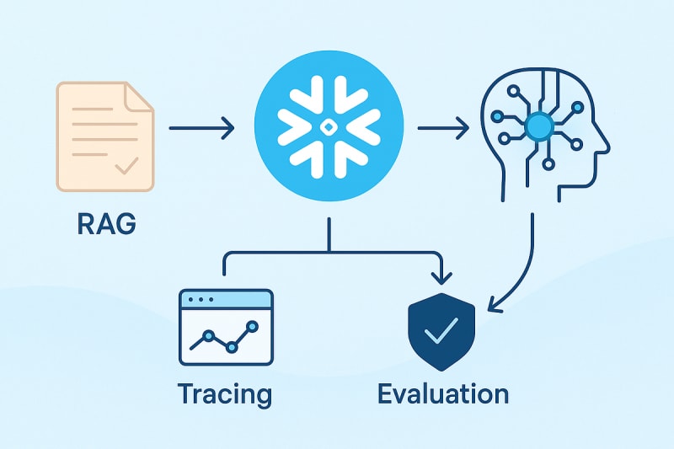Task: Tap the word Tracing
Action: (225, 394)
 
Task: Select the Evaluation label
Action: (443, 393)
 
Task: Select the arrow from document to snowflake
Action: (201, 128)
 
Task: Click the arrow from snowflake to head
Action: (443, 128)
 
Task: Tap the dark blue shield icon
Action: (440, 334)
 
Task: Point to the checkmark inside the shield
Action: (440, 334)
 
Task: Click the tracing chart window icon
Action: (227, 327)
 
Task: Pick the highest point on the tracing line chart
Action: (250, 324)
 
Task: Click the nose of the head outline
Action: (604, 145)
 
